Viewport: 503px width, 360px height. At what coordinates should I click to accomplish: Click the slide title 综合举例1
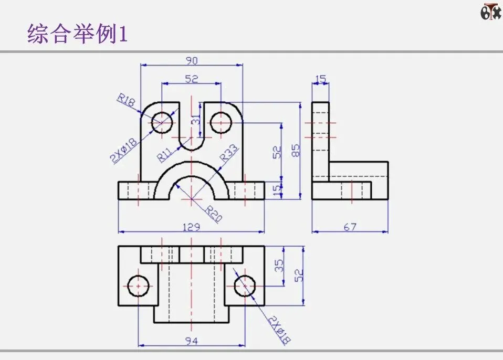(x=77, y=34)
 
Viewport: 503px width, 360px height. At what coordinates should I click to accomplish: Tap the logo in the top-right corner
(x=491, y=12)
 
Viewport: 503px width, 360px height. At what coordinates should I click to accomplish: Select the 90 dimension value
(x=192, y=60)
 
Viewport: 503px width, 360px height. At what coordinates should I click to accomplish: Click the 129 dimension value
(x=192, y=227)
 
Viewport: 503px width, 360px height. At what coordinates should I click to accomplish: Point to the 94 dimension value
(x=192, y=341)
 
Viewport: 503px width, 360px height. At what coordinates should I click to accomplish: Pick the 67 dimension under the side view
(x=350, y=227)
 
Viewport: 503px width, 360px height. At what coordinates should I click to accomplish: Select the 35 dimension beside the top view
(x=279, y=266)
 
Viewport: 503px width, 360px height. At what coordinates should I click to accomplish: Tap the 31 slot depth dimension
(x=196, y=119)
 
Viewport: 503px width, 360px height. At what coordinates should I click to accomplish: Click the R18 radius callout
(x=126, y=100)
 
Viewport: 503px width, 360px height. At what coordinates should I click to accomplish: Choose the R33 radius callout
(x=229, y=152)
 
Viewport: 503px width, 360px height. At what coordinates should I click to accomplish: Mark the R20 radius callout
(x=213, y=214)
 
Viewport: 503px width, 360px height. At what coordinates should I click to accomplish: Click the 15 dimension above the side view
(x=320, y=79)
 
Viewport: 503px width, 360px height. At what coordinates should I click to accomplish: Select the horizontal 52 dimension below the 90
(x=192, y=79)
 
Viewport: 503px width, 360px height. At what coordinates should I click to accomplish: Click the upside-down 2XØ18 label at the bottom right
(x=279, y=330)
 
